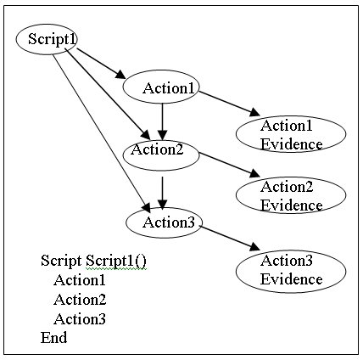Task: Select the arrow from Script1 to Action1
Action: click(x=101, y=63)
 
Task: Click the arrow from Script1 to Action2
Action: click(x=108, y=93)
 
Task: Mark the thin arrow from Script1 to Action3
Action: click(x=102, y=133)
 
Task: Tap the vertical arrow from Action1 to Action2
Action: click(x=162, y=121)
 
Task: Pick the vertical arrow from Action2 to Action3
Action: click(x=162, y=194)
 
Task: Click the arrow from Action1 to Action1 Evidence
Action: click(x=229, y=104)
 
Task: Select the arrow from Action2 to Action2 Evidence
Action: click(x=229, y=165)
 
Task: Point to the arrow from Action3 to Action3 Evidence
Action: click(x=230, y=238)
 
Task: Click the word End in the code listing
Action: click(x=54, y=337)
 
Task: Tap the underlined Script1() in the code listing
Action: click(x=116, y=261)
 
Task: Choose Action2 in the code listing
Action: click(x=80, y=300)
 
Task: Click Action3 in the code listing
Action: click(x=80, y=319)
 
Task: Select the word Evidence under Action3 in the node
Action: click(x=291, y=279)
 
